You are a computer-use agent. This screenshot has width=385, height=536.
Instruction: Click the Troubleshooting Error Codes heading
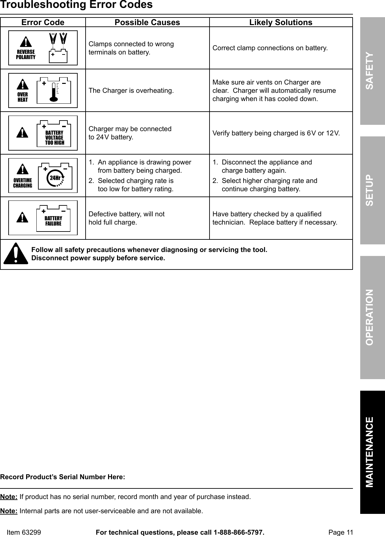tap(76, 5)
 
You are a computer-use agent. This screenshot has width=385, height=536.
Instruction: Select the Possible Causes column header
tap(147, 22)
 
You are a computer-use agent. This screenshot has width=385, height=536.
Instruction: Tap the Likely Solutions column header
tap(281, 22)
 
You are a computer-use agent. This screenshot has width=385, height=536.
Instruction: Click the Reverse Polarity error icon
tap(43, 48)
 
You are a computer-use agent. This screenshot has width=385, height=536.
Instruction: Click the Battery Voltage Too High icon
tap(43, 133)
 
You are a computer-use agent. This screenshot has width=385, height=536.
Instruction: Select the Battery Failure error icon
tap(43, 218)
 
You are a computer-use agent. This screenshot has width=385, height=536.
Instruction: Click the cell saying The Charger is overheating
tap(131, 90)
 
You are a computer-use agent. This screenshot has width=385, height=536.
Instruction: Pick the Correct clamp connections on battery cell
tap(270, 48)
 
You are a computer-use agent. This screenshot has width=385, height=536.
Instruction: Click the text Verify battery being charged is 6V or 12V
tap(276, 133)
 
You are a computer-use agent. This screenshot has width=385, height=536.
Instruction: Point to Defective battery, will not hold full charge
tap(127, 218)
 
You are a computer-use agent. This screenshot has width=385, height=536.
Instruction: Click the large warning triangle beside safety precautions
tap(16, 254)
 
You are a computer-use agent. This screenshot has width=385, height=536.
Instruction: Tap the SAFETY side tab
tap(372, 71)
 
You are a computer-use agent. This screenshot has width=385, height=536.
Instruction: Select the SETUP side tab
tap(372, 190)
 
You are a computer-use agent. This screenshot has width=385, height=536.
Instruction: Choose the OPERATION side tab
tap(372, 317)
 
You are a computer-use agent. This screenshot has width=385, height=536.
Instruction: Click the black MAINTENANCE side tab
tap(372, 452)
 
